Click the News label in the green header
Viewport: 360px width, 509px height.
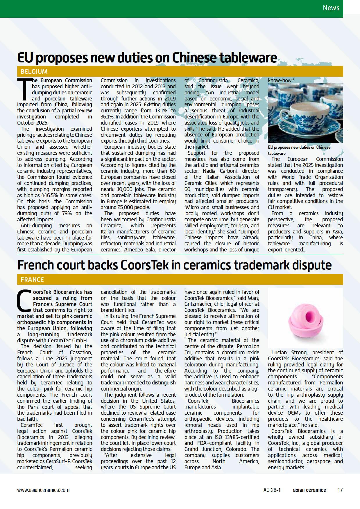(331, 8)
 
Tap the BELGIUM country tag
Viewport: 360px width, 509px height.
(34, 71)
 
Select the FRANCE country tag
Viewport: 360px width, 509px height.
(32, 280)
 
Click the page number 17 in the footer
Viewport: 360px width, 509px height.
(340, 490)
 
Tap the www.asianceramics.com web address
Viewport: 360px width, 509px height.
(43, 490)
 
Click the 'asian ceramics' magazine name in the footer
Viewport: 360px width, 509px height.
(309, 490)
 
